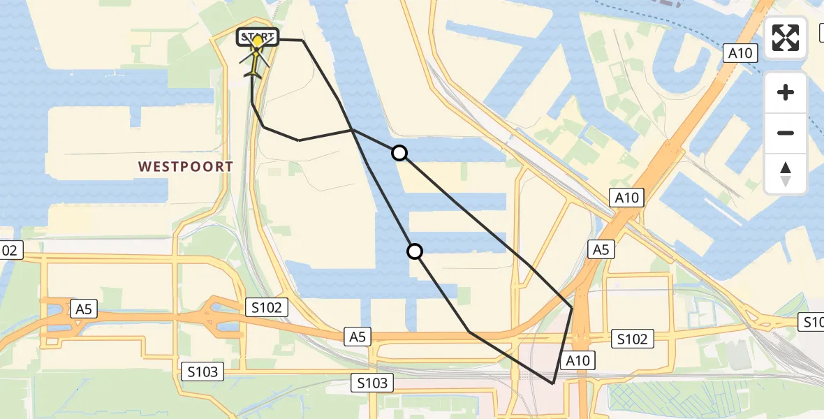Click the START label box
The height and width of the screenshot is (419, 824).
(x=258, y=36)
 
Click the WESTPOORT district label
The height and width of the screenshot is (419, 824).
(x=186, y=167)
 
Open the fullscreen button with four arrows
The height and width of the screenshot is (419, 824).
(x=786, y=38)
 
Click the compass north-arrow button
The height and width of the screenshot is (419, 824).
(x=786, y=174)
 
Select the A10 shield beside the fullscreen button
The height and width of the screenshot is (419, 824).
(x=740, y=53)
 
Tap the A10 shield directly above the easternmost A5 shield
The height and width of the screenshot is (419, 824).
(x=626, y=198)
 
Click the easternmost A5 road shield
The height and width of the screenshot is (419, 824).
(x=601, y=249)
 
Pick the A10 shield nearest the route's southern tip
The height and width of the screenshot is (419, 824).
(x=577, y=360)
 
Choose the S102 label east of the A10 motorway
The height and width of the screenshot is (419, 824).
(x=633, y=339)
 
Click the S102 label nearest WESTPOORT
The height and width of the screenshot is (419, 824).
(x=267, y=307)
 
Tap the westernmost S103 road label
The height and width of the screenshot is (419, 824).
(x=203, y=372)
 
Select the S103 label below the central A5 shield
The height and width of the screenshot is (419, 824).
(x=372, y=382)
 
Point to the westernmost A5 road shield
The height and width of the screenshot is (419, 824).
(x=83, y=309)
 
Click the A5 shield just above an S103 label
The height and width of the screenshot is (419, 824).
(x=357, y=337)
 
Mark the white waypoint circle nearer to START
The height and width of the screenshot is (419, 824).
(x=399, y=152)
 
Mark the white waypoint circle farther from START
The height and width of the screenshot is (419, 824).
(x=415, y=251)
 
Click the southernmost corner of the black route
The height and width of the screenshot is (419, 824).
(x=552, y=383)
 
